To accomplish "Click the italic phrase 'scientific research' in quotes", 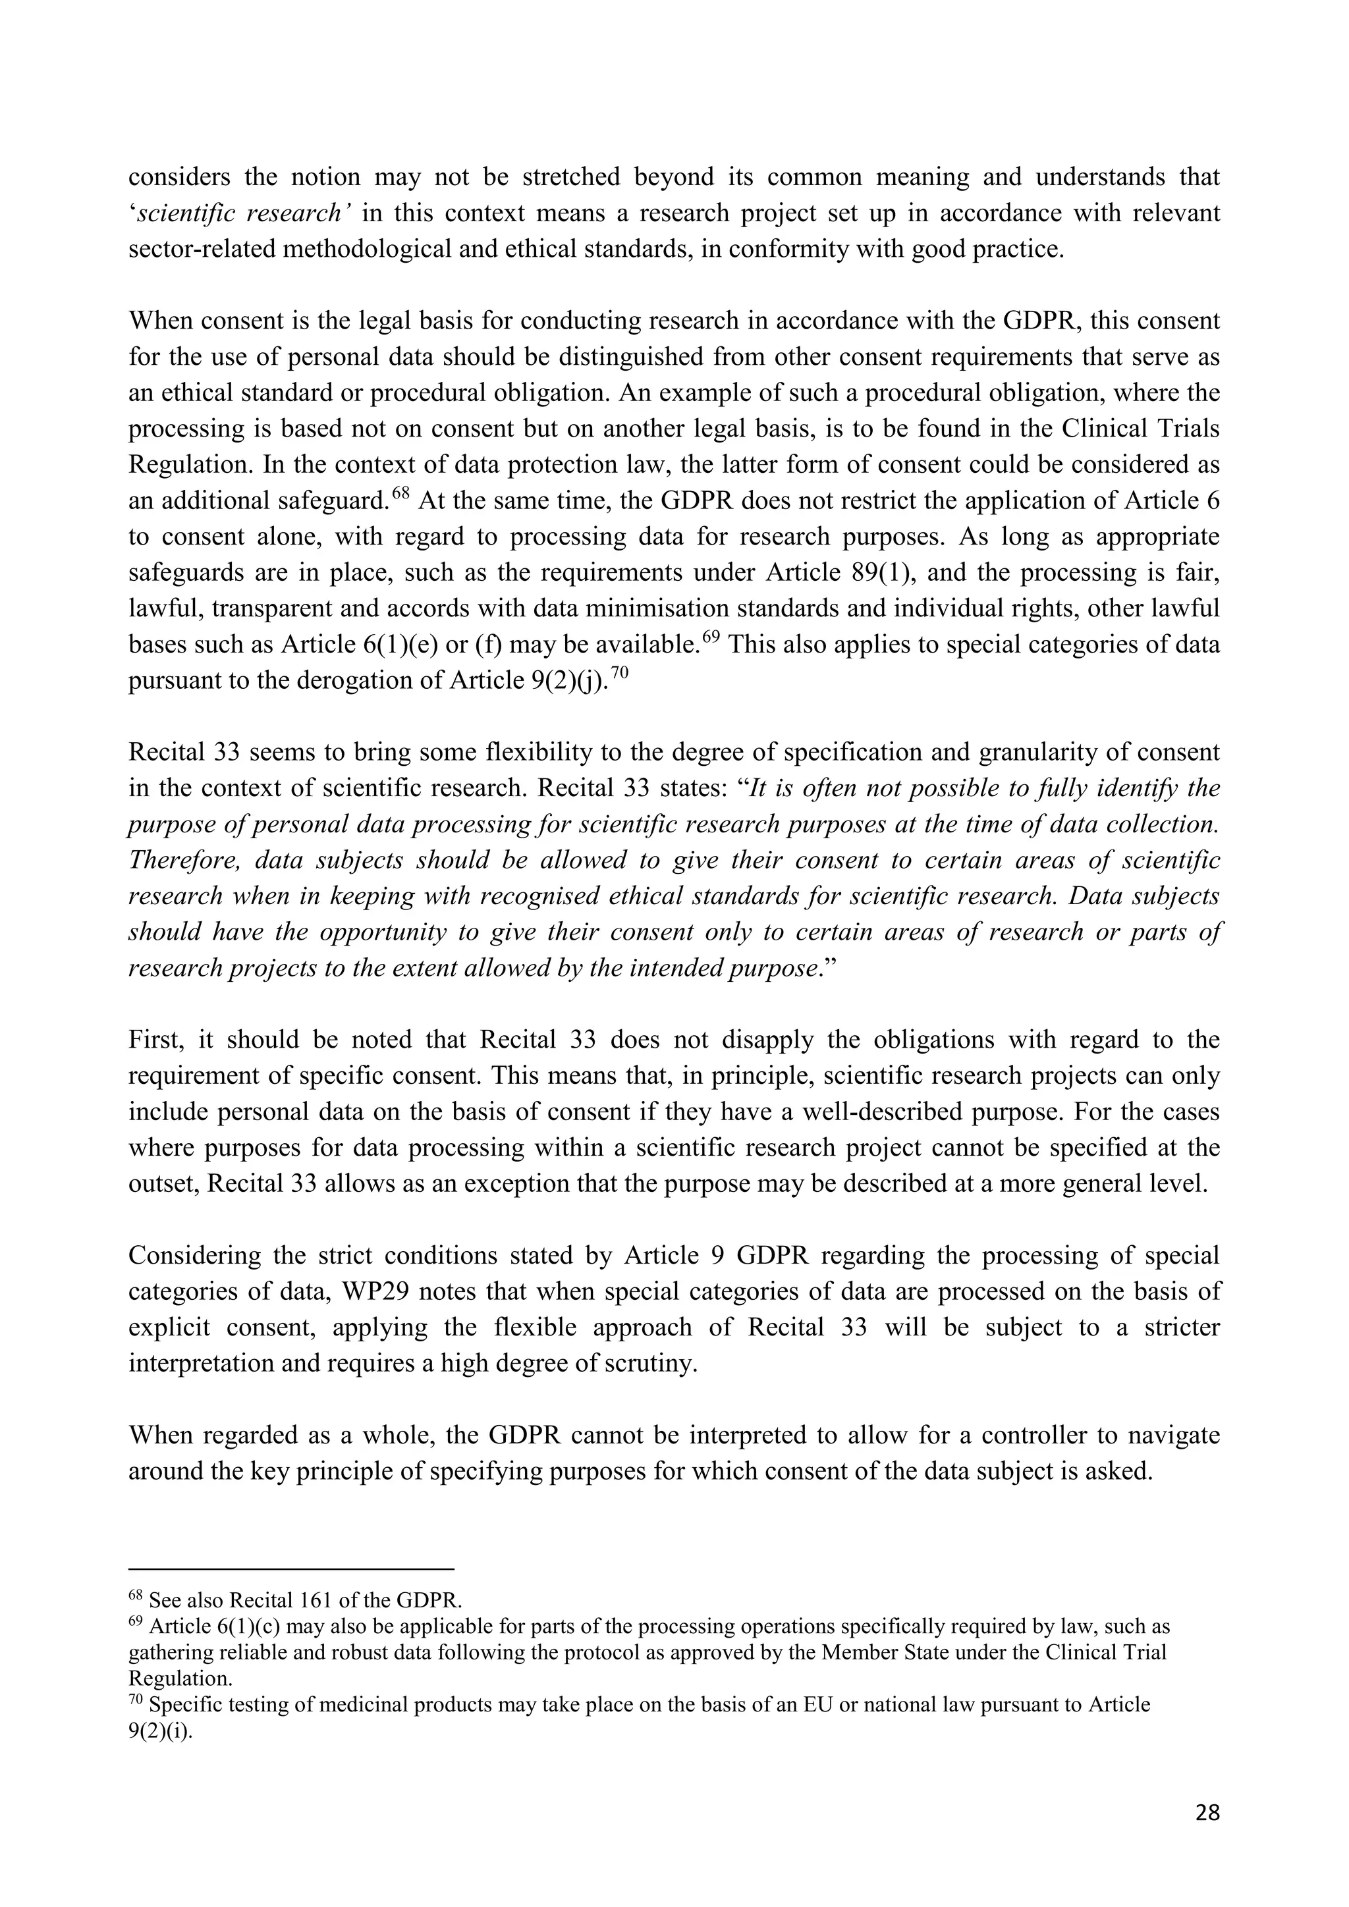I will click(x=238, y=213).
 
